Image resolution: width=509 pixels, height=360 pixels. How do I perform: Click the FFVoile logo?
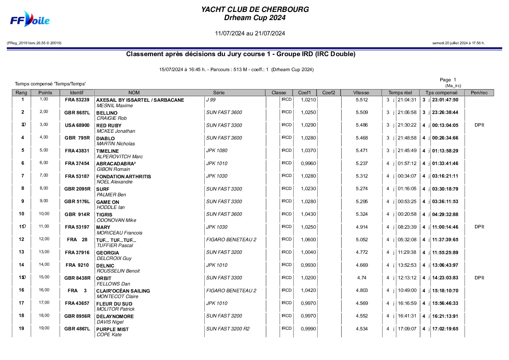tap(30, 19)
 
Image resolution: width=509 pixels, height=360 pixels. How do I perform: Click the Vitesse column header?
tap(361, 93)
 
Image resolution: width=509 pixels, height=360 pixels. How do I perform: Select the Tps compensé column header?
tap(441, 93)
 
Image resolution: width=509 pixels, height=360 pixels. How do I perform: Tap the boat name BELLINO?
tap(107, 113)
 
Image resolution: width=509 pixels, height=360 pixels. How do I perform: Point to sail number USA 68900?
tap(77, 125)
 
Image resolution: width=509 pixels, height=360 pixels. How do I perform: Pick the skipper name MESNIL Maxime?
tap(115, 106)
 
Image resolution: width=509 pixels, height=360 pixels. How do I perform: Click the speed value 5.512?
tap(362, 100)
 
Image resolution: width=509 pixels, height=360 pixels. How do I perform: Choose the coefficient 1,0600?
tap(308, 240)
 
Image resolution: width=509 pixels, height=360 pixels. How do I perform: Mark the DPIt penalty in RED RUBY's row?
tap(479, 125)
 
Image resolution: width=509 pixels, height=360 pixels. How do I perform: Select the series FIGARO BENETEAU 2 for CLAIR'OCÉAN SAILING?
tap(231, 291)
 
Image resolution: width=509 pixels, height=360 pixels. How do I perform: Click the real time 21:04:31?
tap(407, 100)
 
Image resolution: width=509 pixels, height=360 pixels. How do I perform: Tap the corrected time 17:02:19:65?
tap(445, 329)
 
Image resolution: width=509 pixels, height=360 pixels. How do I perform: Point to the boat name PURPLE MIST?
tap(112, 329)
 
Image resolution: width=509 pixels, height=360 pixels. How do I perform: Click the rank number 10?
tap(21, 214)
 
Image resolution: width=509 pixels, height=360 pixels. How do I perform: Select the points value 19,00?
tap(44, 328)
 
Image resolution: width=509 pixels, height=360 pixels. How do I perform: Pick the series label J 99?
tap(211, 100)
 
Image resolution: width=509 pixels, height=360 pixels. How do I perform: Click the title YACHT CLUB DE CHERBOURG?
tap(255, 10)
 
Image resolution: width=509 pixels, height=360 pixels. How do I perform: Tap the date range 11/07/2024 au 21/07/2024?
tap(250, 33)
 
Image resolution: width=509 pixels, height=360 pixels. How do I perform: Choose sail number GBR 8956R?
tap(77, 316)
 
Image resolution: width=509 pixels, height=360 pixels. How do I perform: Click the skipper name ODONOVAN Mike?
tap(116, 220)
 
